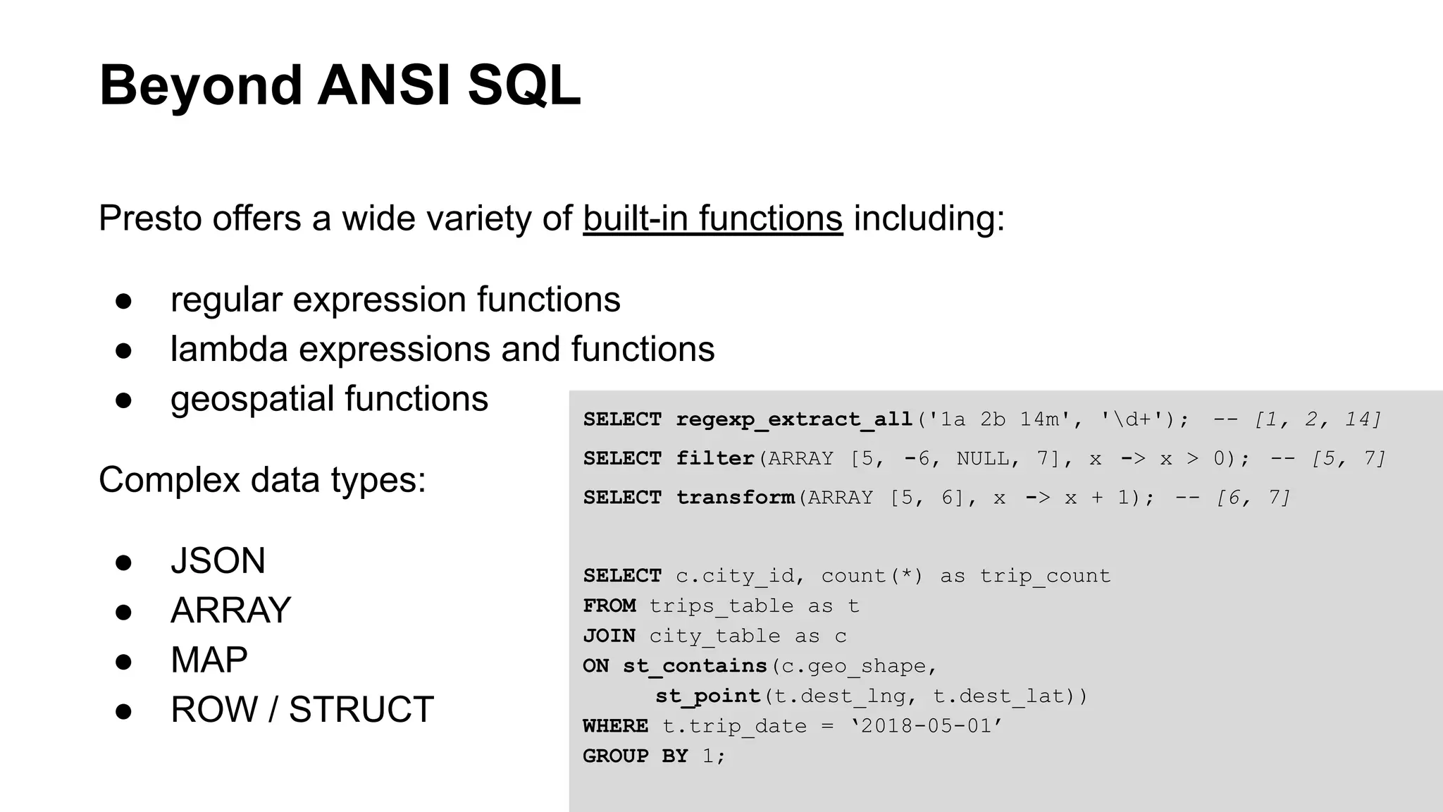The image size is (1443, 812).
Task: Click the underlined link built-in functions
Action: (712, 219)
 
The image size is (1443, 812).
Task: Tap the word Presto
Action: (150, 219)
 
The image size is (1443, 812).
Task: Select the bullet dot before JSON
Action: (124, 562)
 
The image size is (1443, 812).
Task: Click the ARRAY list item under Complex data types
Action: (230, 610)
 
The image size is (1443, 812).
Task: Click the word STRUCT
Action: (361, 710)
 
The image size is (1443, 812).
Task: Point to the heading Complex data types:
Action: (262, 480)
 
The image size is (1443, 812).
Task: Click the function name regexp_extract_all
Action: (794, 419)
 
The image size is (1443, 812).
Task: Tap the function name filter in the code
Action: (715, 459)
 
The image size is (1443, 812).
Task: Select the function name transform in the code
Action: (735, 498)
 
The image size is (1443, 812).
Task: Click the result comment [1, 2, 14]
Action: (1317, 419)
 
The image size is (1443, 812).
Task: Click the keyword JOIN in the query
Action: (609, 636)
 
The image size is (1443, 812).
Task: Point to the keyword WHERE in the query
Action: (615, 726)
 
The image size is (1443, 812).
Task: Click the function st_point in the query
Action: (708, 696)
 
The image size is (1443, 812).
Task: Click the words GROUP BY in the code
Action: (635, 756)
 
